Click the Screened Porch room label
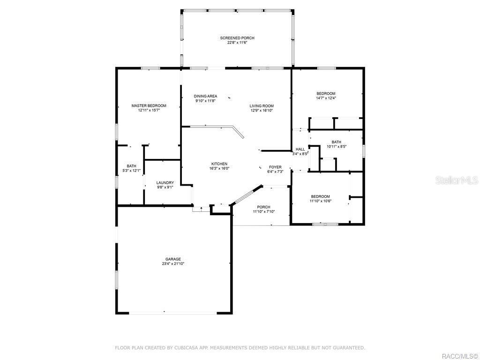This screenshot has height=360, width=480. [237, 38]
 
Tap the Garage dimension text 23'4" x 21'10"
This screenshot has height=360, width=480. [173, 264]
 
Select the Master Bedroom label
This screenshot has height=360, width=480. [149, 106]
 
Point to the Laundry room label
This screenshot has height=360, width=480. [165, 183]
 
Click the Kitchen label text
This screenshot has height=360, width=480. [219, 164]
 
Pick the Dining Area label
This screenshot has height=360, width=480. [205, 96]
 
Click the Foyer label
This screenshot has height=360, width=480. [275, 167]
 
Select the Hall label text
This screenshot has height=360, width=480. [300, 149]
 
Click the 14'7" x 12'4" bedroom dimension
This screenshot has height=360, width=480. [326, 98]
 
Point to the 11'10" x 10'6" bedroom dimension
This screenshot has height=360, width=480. [320, 201]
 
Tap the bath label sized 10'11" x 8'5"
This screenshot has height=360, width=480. [337, 142]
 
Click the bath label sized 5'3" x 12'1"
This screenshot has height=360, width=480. [131, 166]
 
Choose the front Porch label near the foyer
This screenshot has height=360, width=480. [264, 207]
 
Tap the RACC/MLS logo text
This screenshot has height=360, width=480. [460, 355]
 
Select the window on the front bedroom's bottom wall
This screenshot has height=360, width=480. [325, 224]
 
